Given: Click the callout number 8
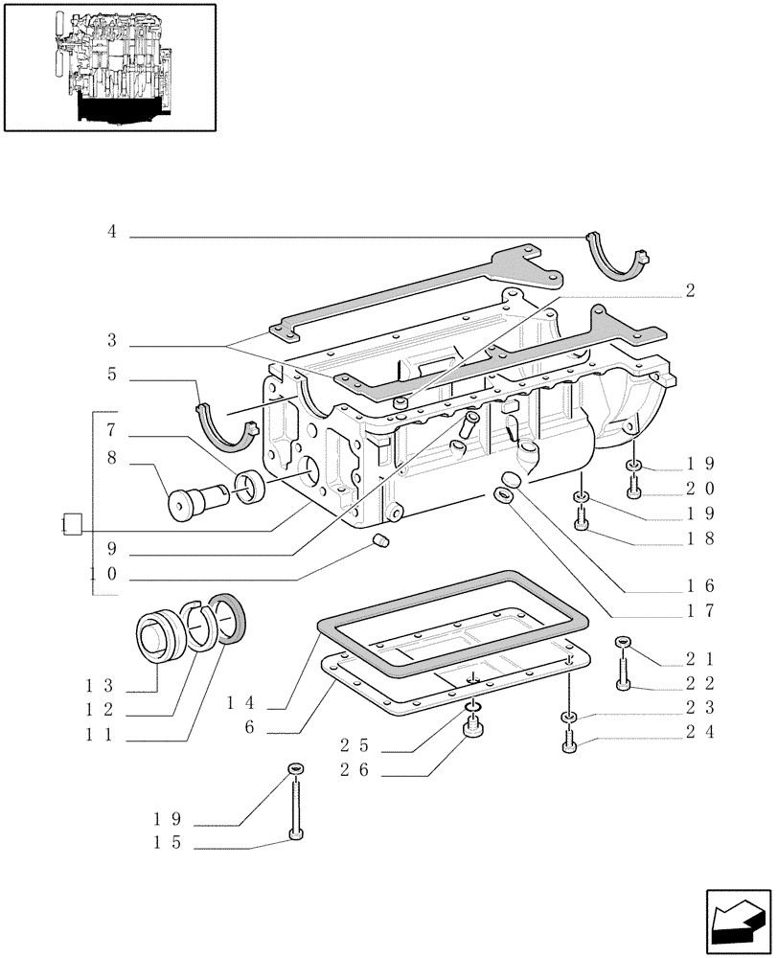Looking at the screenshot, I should click(112, 459).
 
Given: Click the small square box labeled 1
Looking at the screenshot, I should click(71, 524).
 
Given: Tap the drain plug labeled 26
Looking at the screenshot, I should click(471, 732).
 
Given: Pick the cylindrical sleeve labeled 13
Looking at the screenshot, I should click(162, 635).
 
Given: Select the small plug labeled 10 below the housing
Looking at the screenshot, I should click(381, 543).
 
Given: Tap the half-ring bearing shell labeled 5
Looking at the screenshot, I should click(229, 427).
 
